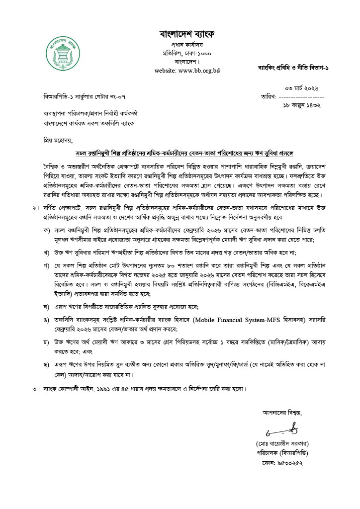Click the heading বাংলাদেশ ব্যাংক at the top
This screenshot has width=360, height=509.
pos(187,34)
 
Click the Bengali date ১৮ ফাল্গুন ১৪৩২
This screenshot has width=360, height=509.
pos(301,105)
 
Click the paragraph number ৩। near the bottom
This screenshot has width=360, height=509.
pos(35,387)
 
